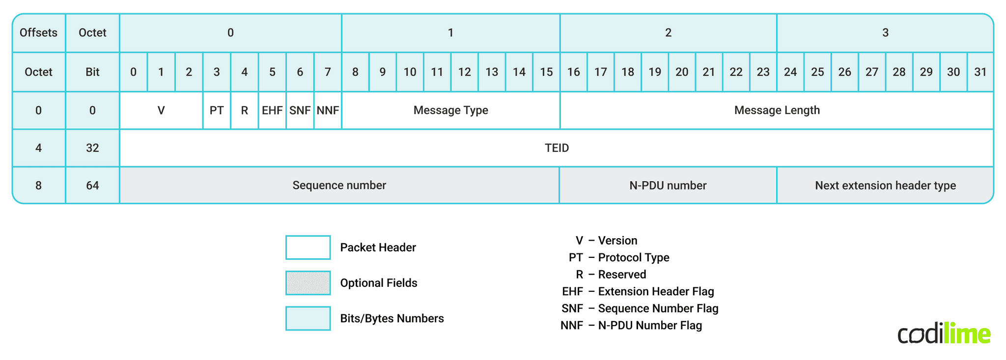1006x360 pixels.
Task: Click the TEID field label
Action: (557, 148)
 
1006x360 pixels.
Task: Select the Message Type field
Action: (450, 110)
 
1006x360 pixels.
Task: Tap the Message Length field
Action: (777, 110)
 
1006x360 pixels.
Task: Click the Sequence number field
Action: (339, 185)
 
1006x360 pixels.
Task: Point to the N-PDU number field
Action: (668, 185)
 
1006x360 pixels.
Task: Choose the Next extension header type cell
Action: (885, 185)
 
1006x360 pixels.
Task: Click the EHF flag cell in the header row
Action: (272, 110)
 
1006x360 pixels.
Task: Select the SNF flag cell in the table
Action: (300, 110)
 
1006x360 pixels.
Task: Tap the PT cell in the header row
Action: (217, 110)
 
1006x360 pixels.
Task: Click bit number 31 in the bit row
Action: (980, 72)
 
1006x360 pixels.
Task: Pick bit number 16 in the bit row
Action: (573, 72)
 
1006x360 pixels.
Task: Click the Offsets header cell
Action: (38, 32)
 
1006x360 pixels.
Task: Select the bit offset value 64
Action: (92, 185)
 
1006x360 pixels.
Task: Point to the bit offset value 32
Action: (92, 148)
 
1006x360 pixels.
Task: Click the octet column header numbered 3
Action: (885, 32)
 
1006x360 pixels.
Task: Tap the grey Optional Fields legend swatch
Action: (308, 283)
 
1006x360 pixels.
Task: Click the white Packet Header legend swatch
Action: (308, 248)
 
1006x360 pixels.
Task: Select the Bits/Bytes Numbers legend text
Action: (391, 318)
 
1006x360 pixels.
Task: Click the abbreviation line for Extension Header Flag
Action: (638, 291)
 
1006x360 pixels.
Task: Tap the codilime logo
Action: (944, 334)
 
